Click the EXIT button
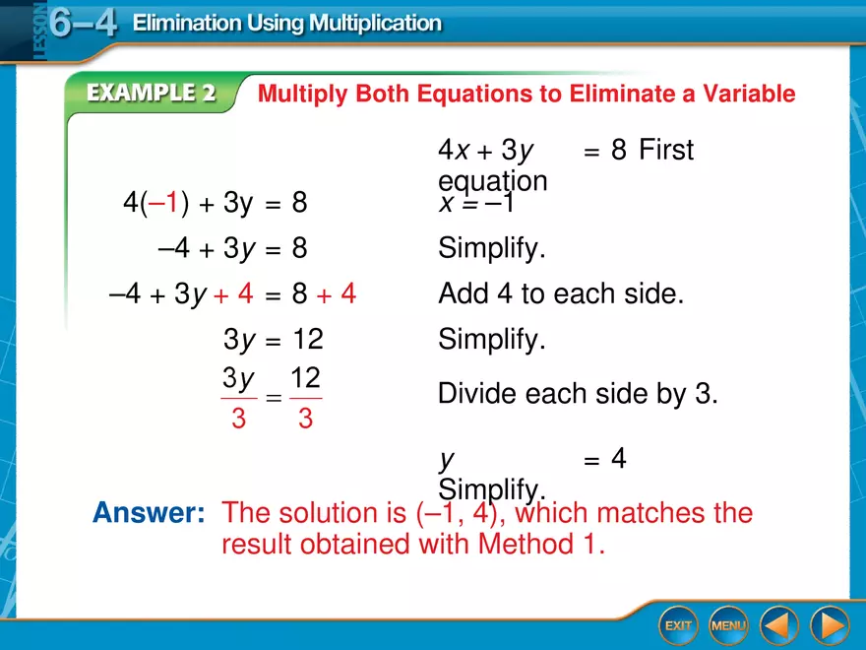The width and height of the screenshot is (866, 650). pyautogui.click(x=677, y=625)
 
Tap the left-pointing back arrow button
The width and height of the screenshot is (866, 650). pyautogui.click(x=779, y=625)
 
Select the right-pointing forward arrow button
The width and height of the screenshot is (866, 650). pyautogui.click(x=830, y=625)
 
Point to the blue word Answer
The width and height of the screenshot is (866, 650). pyautogui.click(x=148, y=513)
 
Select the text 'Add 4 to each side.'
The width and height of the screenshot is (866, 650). pyautogui.click(x=561, y=294)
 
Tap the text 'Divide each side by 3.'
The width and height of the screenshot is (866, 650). pyautogui.click(x=579, y=395)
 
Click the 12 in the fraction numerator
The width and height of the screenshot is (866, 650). pyautogui.click(x=306, y=379)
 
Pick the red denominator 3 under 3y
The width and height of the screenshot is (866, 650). pyautogui.click(x=238, y=420)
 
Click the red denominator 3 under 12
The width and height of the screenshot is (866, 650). pyautogui.click(x=305, y=420)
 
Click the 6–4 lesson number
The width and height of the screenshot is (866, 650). pyautogui.click(x=83, y=24)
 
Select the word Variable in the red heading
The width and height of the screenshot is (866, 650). pyautogui.click(x=750, y=95)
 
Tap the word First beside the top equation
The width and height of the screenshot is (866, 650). pyautogui.click(x=666, y=151)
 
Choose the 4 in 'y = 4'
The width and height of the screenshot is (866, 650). pyautogui.click(x=619, y=459)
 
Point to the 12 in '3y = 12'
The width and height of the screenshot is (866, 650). pyautogui.click(x=308, y=341)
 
